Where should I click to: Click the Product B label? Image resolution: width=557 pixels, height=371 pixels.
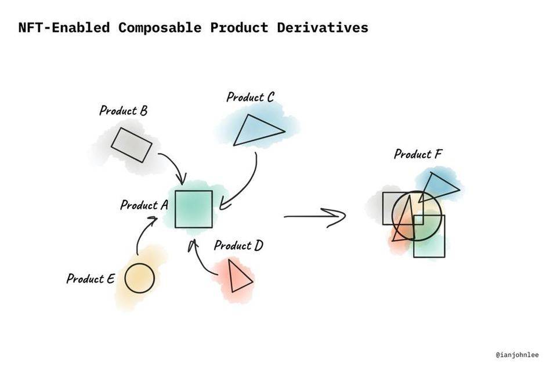tap(123, 110)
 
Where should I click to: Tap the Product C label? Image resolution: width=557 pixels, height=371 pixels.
tap(249, 97)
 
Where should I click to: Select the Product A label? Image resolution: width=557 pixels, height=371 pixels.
tap(144, 205)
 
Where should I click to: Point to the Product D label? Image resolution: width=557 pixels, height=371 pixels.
tap(238, 245)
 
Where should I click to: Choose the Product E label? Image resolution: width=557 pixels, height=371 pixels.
tap(90, 278)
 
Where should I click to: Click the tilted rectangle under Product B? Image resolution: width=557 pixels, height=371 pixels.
tap(132, 145)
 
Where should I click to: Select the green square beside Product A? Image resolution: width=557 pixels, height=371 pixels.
tap(194, 209)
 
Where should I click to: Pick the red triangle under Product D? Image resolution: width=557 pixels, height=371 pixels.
tap(238, 277)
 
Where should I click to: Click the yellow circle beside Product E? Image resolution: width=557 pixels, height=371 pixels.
tap(139, 278)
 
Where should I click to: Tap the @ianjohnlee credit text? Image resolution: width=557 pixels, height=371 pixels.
tap(518, 354)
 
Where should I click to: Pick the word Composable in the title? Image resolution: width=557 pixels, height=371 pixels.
tap(161, 27)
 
